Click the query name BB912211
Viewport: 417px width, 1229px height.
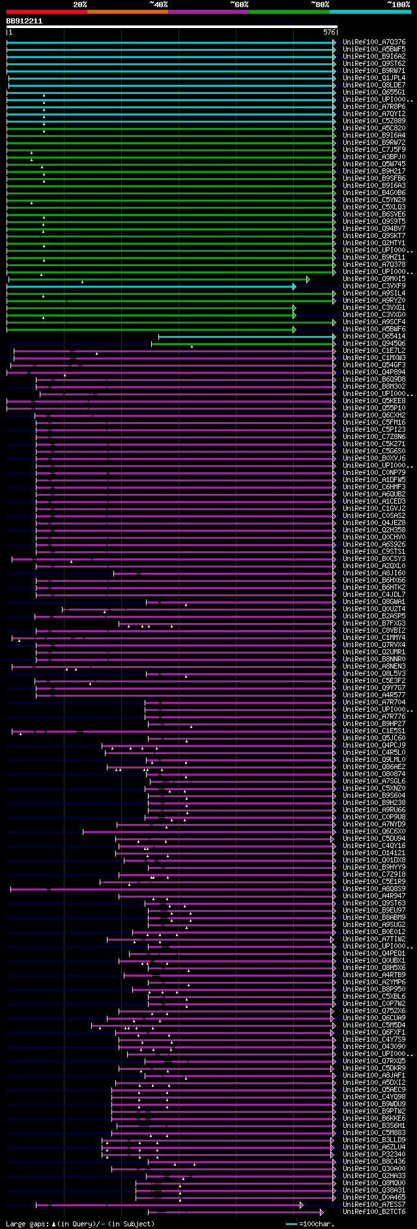24,21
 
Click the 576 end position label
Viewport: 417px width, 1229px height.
329,32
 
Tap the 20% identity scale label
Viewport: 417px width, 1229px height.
79,5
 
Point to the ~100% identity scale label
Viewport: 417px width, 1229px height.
398,5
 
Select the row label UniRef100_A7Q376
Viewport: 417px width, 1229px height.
374,42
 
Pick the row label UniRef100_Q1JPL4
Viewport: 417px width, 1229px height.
374,78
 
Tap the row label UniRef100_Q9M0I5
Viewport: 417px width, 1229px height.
374,279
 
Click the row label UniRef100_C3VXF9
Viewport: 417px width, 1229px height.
374,286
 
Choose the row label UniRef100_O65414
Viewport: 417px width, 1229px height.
374,337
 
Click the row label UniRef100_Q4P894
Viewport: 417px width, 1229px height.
374,372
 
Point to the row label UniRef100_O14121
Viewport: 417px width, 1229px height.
374,853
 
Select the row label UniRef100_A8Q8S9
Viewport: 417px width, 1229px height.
374,888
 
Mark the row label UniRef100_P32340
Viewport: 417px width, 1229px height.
374,1154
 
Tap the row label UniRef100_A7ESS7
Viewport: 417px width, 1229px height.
374,1204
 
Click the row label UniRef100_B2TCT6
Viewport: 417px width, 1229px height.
374,1211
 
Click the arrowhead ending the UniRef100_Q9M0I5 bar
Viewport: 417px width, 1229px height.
308,279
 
